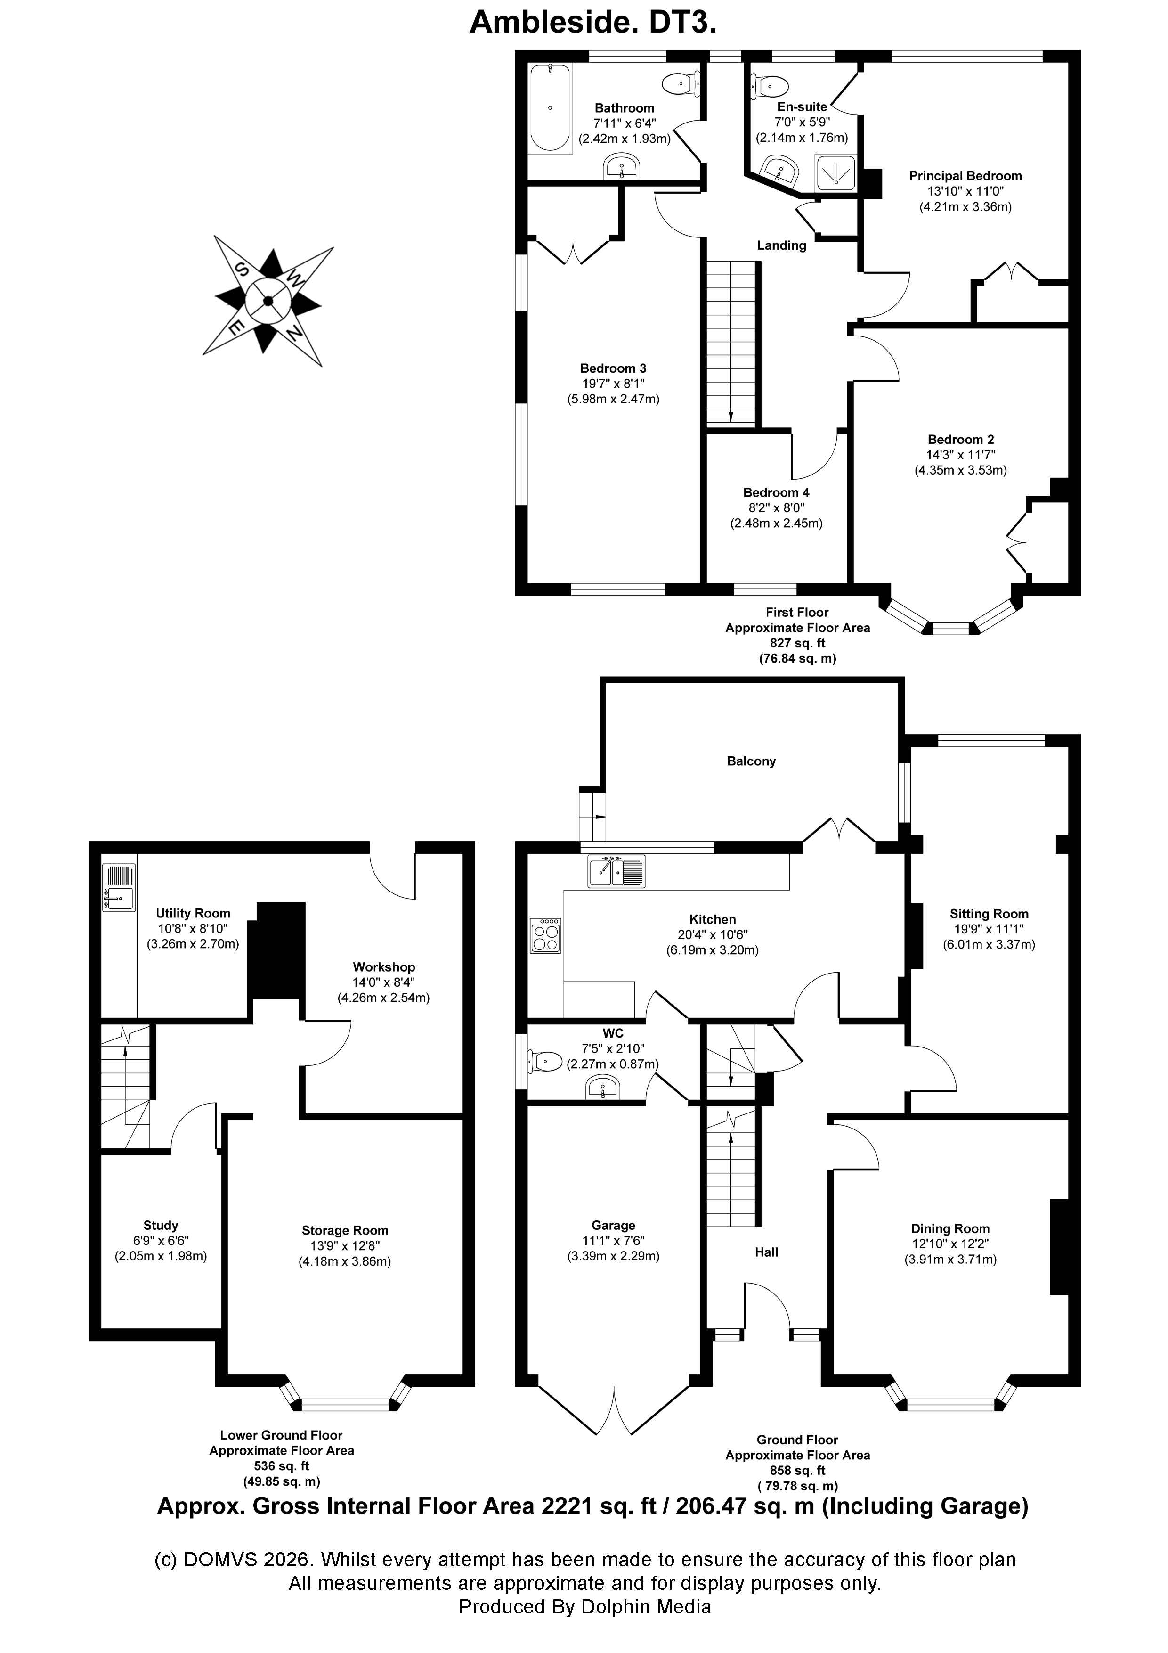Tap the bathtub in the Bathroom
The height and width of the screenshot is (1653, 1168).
(x=551, y=108)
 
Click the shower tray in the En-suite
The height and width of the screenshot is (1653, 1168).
(x=835, y=173)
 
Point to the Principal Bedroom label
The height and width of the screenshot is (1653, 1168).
(x=965, y=176)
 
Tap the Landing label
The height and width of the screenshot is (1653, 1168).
(x=781, y=245)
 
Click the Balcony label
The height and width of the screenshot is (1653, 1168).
(x=751, y=761)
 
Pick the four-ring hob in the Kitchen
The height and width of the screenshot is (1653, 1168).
(x=545, y=935)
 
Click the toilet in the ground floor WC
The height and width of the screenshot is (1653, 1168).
(x=546, y=1061)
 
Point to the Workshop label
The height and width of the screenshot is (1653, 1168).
(x=383, y=967)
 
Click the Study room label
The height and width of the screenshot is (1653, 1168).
(x=161, y=1225)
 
